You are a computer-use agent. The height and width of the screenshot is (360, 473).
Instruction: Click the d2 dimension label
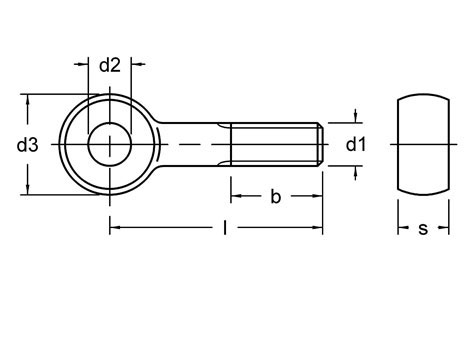point(110,67)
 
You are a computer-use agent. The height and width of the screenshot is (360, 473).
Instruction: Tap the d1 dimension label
point(356,146)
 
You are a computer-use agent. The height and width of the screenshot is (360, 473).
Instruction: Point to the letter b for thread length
point(275,197)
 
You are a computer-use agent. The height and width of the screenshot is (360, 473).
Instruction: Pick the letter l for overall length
point(226,229)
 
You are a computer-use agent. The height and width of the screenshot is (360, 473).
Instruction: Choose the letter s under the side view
point(422,229)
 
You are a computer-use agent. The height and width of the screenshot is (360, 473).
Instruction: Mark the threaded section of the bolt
point(275,146)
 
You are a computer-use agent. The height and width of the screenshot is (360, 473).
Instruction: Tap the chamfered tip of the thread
point(320,146)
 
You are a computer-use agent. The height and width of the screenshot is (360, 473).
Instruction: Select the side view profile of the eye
point(422,145)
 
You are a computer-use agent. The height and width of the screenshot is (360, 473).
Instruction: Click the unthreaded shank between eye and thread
point(195,146)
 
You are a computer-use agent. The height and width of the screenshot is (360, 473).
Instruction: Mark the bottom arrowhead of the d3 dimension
point(29,190)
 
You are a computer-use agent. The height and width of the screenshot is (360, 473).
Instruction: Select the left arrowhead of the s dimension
point(403,229)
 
